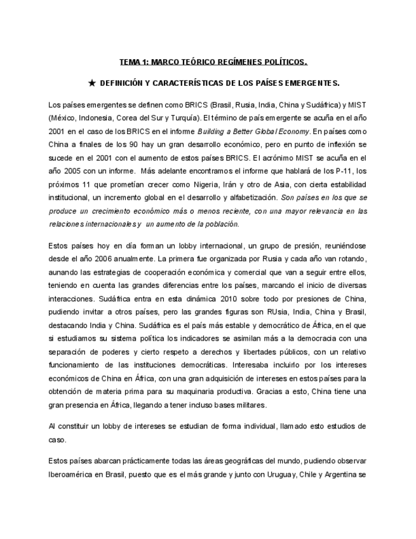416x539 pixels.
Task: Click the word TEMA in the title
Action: point(131,62)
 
